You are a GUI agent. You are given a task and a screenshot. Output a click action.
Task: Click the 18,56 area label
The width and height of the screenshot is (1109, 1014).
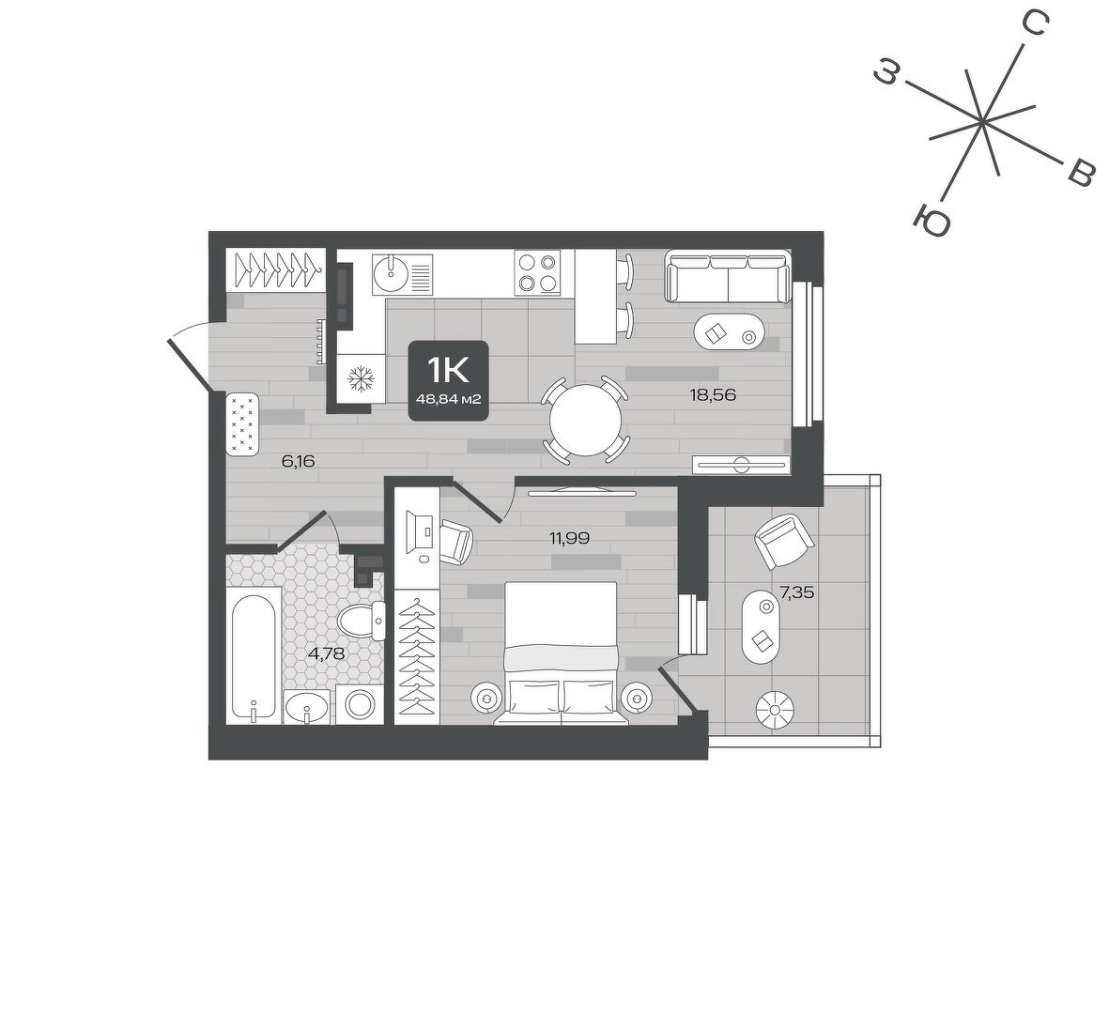click(713, 395)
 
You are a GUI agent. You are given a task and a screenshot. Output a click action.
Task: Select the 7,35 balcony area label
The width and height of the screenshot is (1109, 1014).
click(796, 592)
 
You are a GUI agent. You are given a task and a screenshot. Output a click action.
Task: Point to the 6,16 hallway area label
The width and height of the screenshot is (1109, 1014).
click(298, 462)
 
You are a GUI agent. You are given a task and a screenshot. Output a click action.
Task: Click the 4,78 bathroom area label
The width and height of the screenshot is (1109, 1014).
click(326, 653)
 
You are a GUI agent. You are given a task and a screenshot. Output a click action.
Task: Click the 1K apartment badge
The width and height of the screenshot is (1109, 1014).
click(449, 380)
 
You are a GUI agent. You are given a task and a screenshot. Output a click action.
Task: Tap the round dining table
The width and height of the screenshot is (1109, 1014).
click(586, 422)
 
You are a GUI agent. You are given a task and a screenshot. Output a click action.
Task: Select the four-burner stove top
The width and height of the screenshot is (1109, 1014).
click(537, 273)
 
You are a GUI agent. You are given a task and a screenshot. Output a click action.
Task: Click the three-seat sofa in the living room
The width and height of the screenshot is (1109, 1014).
click(727, 278)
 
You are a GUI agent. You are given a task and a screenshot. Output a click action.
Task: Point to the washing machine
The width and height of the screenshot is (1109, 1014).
click(360, 704)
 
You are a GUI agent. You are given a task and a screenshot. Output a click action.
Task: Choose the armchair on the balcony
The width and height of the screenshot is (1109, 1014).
click(784, 541)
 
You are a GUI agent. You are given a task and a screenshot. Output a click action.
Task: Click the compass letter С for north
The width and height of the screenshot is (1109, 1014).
click(1035, 25)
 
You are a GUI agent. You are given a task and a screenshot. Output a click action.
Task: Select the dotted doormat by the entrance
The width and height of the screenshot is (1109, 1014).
click(243, 424)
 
